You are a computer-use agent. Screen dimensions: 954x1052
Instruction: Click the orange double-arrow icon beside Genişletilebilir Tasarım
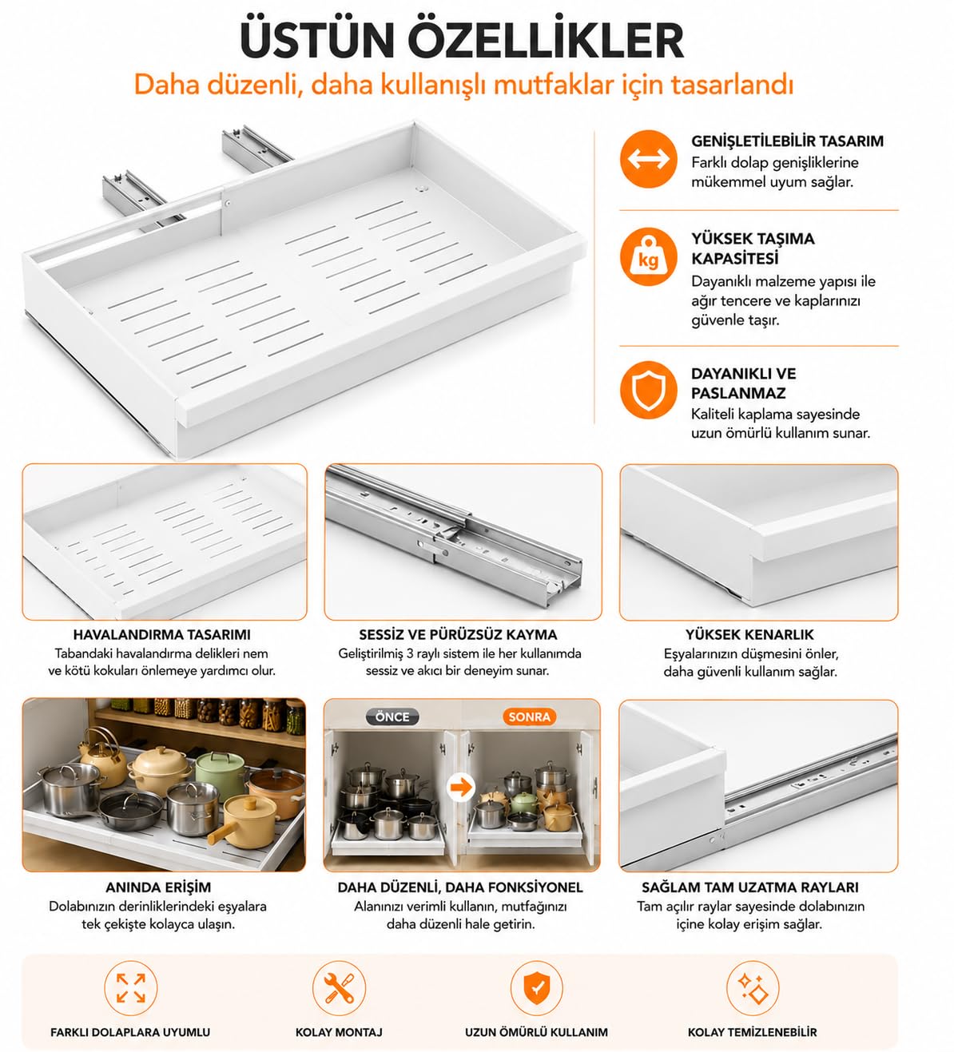coord(648,159)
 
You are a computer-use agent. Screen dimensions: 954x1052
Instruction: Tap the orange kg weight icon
coord(648,256)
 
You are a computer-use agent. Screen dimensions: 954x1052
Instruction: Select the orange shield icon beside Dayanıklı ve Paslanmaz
coord(648,390)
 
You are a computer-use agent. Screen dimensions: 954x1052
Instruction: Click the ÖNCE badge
coord(392,717)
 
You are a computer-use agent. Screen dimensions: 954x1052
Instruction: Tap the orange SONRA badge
coord(529,717)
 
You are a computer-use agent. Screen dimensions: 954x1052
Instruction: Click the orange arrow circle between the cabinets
coord(461,787)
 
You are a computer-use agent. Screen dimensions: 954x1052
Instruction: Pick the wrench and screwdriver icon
coord(339,988)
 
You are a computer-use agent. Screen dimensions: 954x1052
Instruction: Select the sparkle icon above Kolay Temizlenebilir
coord(752,988)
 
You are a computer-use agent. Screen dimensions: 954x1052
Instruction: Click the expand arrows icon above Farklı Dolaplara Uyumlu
coord(131,988)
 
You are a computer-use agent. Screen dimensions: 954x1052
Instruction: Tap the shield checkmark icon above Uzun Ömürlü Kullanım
coord(536,988)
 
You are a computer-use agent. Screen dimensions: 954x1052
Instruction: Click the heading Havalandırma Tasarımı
coord(161,634)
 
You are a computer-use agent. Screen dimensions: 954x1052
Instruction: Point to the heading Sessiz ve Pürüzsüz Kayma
coord(458,634)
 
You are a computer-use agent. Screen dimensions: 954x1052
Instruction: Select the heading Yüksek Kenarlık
coord(749,634)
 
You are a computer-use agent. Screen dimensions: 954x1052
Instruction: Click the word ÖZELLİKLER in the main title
coord(546,41)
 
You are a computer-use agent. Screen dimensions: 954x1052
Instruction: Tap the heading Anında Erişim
coord(158,887)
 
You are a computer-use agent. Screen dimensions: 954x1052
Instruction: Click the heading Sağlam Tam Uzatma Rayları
coord(750,887)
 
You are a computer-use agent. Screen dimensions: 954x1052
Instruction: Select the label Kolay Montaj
coord(339,1032)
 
